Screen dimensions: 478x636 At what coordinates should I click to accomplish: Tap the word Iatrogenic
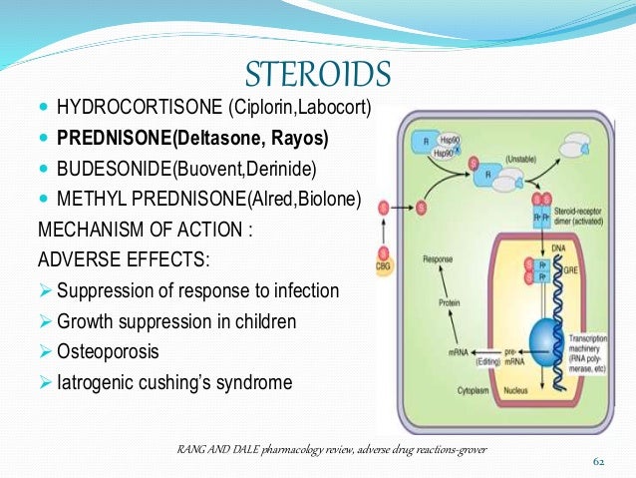(99, 384)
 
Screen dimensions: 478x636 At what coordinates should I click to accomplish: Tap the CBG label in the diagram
(383, 268)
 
